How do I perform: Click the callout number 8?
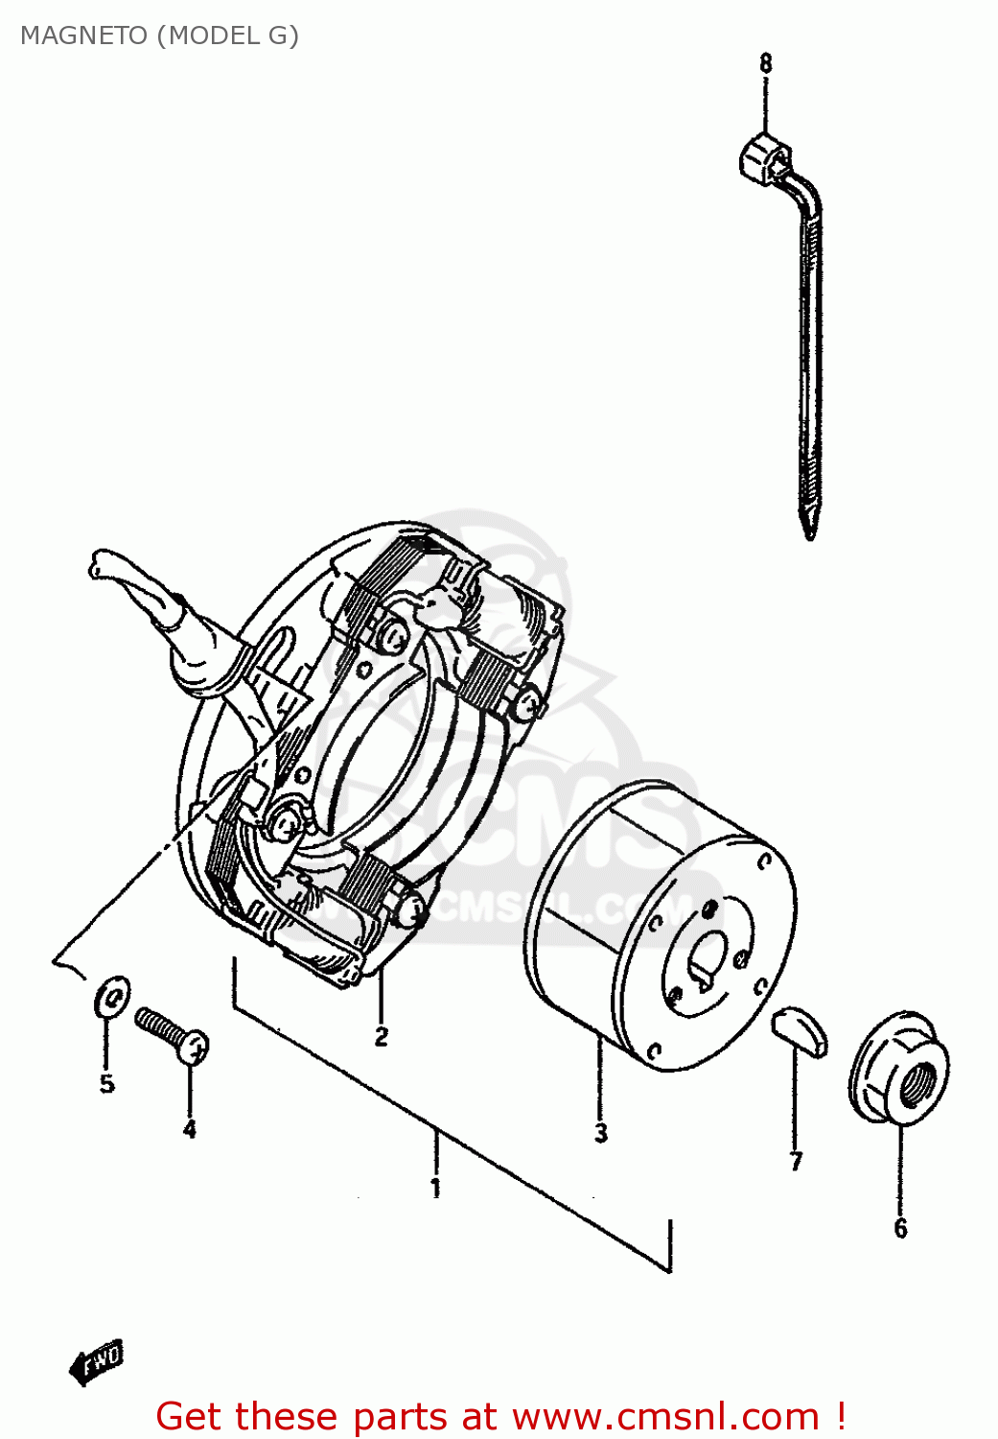[765, 64]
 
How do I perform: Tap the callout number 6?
[900, 1229]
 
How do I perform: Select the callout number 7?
[796, 1162]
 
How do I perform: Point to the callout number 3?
[601, 1133]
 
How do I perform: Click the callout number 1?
[436, 1189]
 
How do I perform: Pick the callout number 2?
[382, 1037]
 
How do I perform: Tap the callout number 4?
[190, 1129]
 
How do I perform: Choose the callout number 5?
[107, 1084]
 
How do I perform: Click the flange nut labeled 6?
[898, 1068]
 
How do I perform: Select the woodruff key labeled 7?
[799, 1030]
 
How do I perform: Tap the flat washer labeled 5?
[112, 997]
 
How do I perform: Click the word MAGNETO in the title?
[84, 35]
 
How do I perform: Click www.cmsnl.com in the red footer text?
[665, 1417]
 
